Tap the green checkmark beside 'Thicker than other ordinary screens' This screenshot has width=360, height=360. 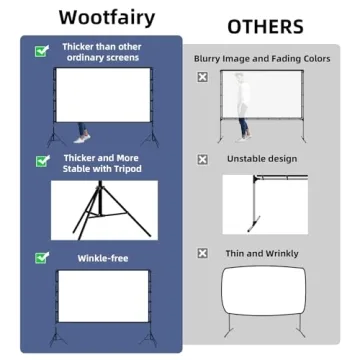pos(41,50)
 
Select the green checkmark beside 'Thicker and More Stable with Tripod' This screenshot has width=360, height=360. pos(41,160)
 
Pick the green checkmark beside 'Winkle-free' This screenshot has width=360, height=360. pos(41,258)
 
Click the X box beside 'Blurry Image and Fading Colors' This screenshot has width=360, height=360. pos(203,76)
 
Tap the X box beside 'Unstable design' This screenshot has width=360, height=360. pos(203,158)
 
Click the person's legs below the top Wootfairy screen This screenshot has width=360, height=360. pos(82,133)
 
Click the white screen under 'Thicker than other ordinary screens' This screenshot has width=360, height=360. pos(105,100)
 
